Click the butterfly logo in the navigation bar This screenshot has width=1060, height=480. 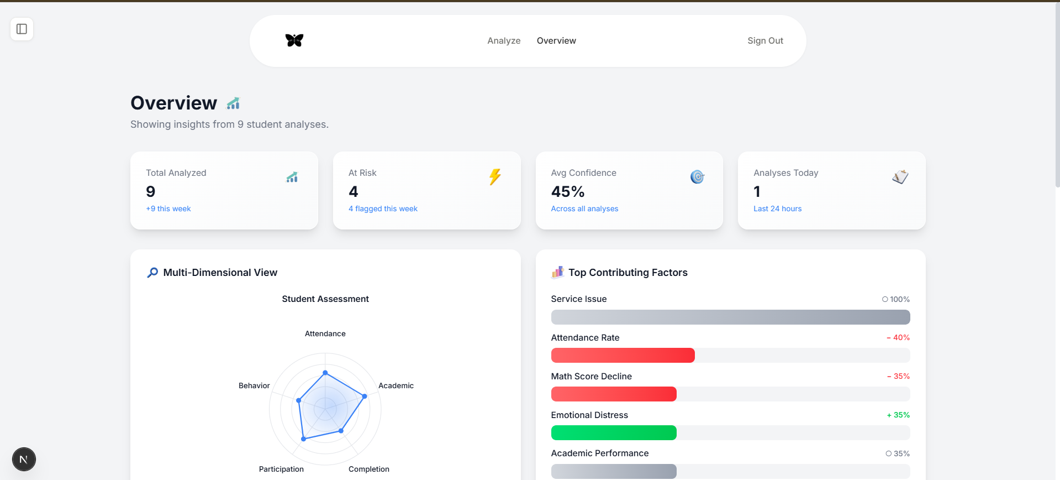pyautogui.click(x=294, y=40)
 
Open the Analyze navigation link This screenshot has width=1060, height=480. pyautogui.click(x=504, y=41)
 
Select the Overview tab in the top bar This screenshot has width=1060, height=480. pyautogui.click(x=556, y=41)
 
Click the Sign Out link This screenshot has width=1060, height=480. pyautogui.click(x=765, y=41)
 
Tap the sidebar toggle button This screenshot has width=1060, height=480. pyautogui.click(x=22, y=29)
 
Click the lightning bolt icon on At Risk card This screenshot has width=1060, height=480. pyautogui.click(x=495, y=177)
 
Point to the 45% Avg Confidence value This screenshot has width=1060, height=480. pyautogui.click(x=568, y=191)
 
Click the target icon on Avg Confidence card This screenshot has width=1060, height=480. pyautogui.click(x=698, y=177)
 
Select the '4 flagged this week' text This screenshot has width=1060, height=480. pyautogui.click(x=383, y=208)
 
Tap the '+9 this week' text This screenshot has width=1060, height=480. pyautogui.click(x=168, y=208)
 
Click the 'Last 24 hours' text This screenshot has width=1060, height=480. pyautogui.click(x=777, y=208)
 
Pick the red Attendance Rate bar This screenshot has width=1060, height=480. pyautogui.click(x=623, y=356)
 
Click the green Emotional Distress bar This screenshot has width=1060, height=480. pyautogui.click(x=614, y=433)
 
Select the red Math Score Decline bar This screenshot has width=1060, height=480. pyautogui.click(x=614, y=394)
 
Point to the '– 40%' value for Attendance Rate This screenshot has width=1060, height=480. pyautogui.click(x=898, y=337)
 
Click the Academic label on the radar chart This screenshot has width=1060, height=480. pyautogui.click(x=396, y=385)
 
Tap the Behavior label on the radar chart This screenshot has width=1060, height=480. pyautogui.click(x=254, y=385)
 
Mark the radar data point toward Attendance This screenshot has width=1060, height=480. pyautogui.click(x=325, y=373)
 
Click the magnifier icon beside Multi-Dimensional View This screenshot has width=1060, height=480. pyautogui.click(x=152, y=273)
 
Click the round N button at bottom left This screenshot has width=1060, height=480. pyautogui.click(x=24, y=459)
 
